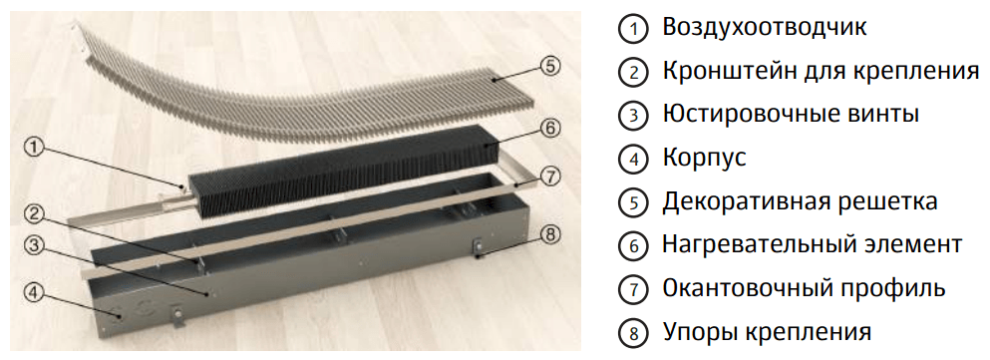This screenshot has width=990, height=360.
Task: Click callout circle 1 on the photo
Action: (34, 148)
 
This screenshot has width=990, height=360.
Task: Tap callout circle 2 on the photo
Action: (34, 214)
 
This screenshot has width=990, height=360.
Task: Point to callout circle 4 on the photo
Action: (34, 292)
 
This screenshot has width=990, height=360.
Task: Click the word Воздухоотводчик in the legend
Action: (765, 28)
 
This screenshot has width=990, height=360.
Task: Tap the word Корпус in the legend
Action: (704, 159)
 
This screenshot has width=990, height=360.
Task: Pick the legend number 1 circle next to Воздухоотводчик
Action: (633, 29)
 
